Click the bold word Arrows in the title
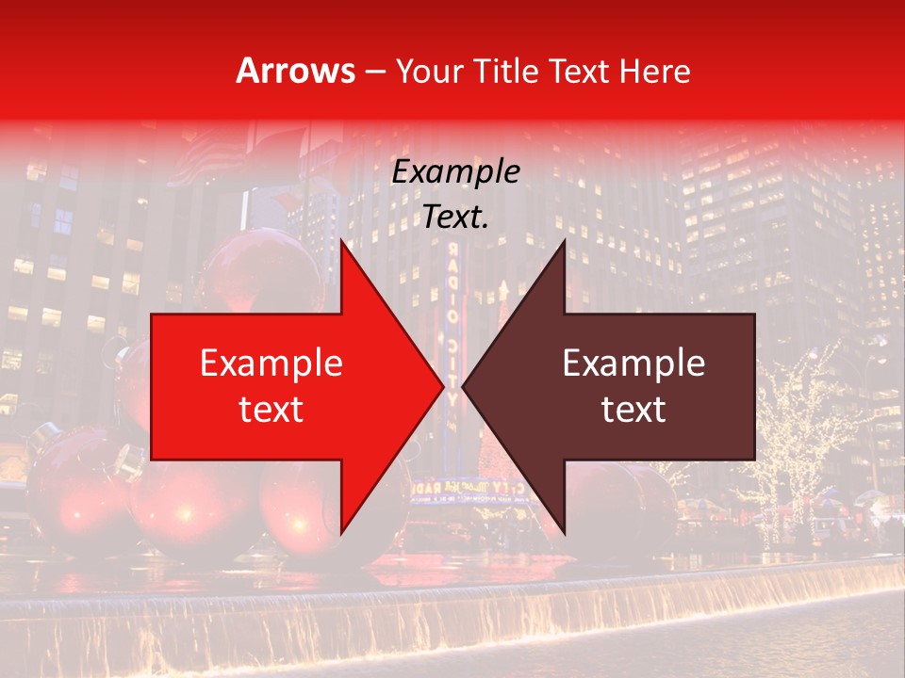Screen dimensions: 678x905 295,72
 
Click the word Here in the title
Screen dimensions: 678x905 660,72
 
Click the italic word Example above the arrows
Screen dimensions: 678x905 456,172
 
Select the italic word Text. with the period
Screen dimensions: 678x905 456,218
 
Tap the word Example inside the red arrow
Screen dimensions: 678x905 271,363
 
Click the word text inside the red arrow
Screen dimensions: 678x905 271,409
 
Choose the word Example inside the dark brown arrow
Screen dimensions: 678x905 633,363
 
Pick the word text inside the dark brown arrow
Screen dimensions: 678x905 633,409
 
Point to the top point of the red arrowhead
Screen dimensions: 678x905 343,244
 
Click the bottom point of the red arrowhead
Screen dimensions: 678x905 343,530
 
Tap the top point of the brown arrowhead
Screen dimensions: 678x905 564,244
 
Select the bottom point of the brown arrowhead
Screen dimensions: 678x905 564,530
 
